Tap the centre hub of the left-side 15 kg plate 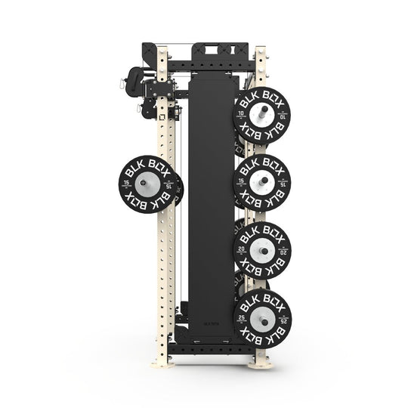pyautogui.click(x=148, y=184)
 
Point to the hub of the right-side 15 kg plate pyautogui.click(x=261, y=181)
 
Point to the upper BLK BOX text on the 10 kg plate pyautogui.click(x=262, y=97)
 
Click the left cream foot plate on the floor pyautogui.click(x=162, y=363)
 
